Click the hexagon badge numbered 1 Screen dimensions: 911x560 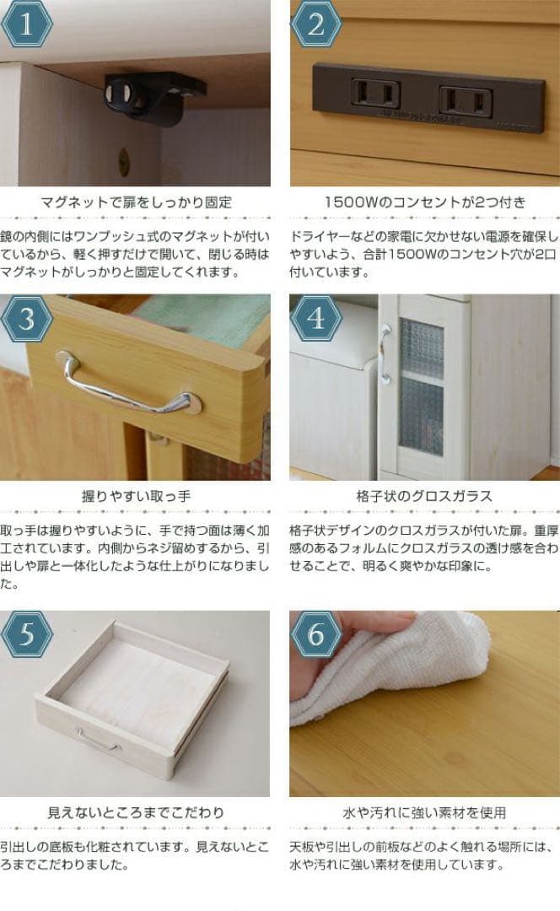(x=27, y=26)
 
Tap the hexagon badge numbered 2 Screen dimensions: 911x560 (x=315, y=26)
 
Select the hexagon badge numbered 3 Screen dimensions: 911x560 (x=27, y=320)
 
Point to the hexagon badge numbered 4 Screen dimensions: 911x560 (x=315, y=320)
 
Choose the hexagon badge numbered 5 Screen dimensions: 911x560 (x=27, y=635)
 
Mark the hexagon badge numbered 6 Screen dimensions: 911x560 (x=315, y=635)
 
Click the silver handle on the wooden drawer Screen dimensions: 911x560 (x=127, y=386)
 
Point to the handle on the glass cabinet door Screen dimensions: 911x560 (x=385, y=354)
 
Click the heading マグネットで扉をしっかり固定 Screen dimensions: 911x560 (x=136, y=202)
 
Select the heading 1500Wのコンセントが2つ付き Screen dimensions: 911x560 (x=424, y=202)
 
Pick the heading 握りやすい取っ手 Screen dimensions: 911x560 (x=136, y=496)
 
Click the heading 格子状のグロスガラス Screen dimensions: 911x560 (x=424, y=496)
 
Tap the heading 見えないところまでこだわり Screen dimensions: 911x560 (x=136, y=812)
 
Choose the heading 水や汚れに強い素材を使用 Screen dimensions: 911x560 (x=424, y=812)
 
